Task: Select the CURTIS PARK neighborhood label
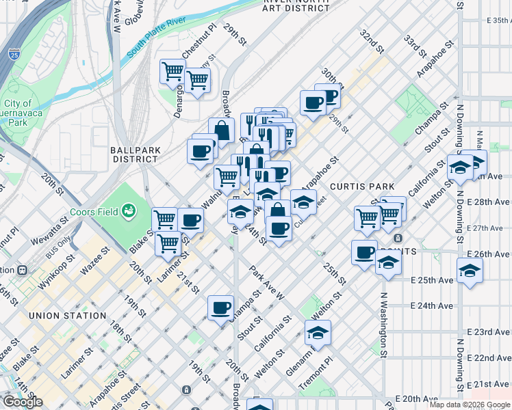[x=362, y=187]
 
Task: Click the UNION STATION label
[x=68, y=316]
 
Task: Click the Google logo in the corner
[x=22, y=402]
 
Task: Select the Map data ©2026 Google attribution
[x=470, y=405]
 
